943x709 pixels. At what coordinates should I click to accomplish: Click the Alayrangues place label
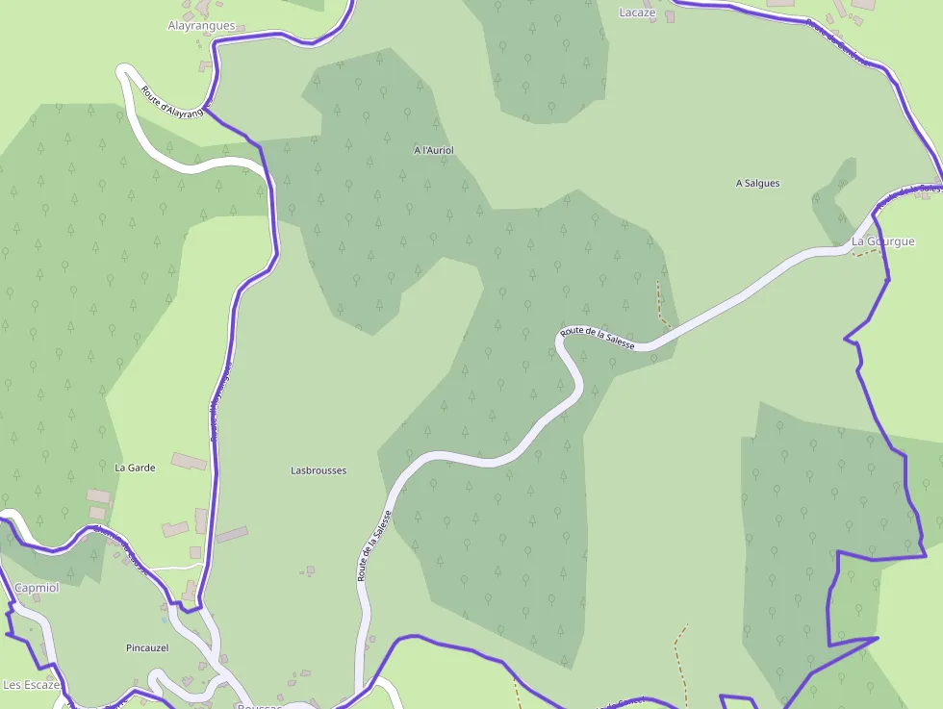[x=201, y=26]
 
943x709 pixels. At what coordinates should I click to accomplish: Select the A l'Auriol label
[x=433, y=151]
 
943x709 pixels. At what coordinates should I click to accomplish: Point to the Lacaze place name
[x=637, y=13]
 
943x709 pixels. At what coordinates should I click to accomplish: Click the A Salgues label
[x=757, y=183]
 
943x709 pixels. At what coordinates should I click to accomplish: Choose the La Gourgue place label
[x=882, y=241]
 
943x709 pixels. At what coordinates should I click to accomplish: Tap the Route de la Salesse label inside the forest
[x=597, y=338]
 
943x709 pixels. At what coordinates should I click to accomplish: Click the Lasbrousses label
[x=319, y=470]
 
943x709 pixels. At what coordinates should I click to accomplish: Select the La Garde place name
[x=135, y=468]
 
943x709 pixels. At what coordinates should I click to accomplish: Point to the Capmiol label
[x=37, y=587]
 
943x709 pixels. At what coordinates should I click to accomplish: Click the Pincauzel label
[x=147, y=647]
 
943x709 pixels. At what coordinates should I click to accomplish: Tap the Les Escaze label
[x=32, y=685]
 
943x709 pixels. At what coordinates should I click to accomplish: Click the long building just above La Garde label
[x=189, y=462]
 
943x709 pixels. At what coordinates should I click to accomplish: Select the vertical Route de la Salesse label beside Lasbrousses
[x=375, y=545]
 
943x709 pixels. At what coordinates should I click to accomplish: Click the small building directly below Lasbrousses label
[x=310, y=570]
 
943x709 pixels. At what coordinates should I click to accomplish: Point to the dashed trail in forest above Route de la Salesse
[x=661, y=304]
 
